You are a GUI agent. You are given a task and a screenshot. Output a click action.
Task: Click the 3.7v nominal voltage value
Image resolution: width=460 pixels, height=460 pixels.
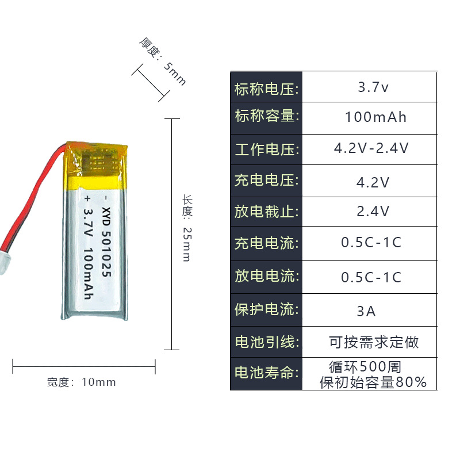[373, 88]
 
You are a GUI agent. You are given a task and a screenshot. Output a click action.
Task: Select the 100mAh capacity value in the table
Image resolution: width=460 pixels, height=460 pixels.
[375, 117]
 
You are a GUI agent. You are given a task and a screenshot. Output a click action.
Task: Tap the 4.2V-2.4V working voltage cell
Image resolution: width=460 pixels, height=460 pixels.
[371, 148]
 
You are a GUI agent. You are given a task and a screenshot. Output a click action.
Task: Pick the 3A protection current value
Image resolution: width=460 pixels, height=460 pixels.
[366, 312]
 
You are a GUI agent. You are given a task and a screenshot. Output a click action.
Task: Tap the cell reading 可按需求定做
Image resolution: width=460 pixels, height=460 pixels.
[374, 342]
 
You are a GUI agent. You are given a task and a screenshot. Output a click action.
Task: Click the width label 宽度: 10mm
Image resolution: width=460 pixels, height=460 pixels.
[82, 382]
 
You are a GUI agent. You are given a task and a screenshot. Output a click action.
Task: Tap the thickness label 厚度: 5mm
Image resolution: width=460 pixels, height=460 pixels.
[163, 61]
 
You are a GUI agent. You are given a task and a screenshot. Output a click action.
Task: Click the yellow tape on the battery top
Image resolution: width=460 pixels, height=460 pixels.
[95, 164]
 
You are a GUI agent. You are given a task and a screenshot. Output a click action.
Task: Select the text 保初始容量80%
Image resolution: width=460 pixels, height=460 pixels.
[373, 382]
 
